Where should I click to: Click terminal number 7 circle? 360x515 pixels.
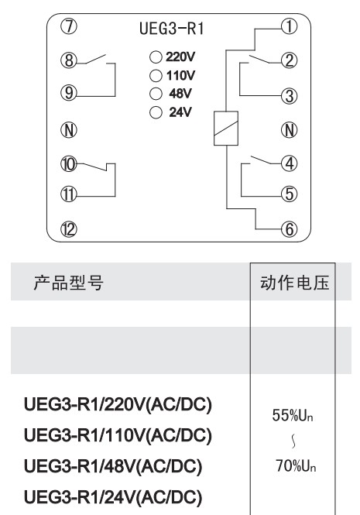coord(69,26)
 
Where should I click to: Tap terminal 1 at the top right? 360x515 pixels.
coord(289,26)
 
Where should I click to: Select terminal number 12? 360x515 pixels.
coord(69,229)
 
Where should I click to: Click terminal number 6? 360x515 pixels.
coord(289,229)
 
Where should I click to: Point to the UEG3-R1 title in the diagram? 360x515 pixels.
coord(171,28)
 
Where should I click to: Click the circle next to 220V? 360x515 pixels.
coord(156,57)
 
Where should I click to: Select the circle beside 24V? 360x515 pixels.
coord(156,112)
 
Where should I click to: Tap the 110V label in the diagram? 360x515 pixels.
coord(180,76)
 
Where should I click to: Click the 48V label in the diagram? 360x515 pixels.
coord(180,94)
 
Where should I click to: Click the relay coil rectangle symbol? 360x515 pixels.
coord(226,129)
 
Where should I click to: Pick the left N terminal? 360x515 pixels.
coord(69,130)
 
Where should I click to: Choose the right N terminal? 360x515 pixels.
coord(289,130)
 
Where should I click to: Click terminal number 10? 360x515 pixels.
coord(69,164)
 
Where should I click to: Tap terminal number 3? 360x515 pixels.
coord(289,96)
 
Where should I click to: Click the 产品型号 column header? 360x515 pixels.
coord(68,283)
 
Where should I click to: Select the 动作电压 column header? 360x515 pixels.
coord(294,283)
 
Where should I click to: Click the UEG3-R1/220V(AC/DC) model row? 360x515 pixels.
coord(118,404)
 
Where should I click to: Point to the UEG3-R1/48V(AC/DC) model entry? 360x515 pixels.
coord(113,466)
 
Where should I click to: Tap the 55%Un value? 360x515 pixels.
coord(293,415)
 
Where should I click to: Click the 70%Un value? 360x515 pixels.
coord(296,465)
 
